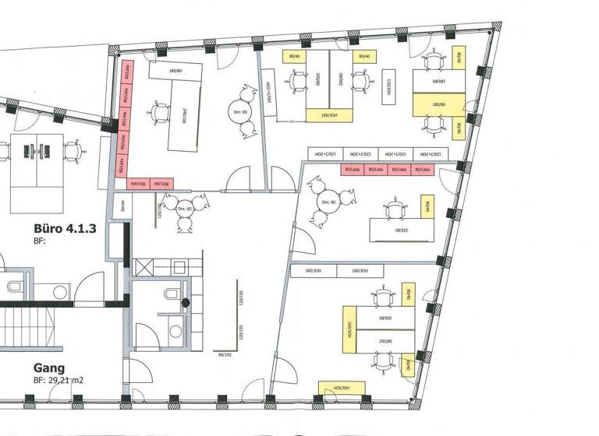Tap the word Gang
click(x=49, y=367)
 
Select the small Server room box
click(x=122, y=206)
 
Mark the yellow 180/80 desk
click(x=438, y=104)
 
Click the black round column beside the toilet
click(x=186, y=302)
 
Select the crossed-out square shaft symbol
click(x=146, y=267)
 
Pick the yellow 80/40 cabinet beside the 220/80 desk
click(x=427, y=206)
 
